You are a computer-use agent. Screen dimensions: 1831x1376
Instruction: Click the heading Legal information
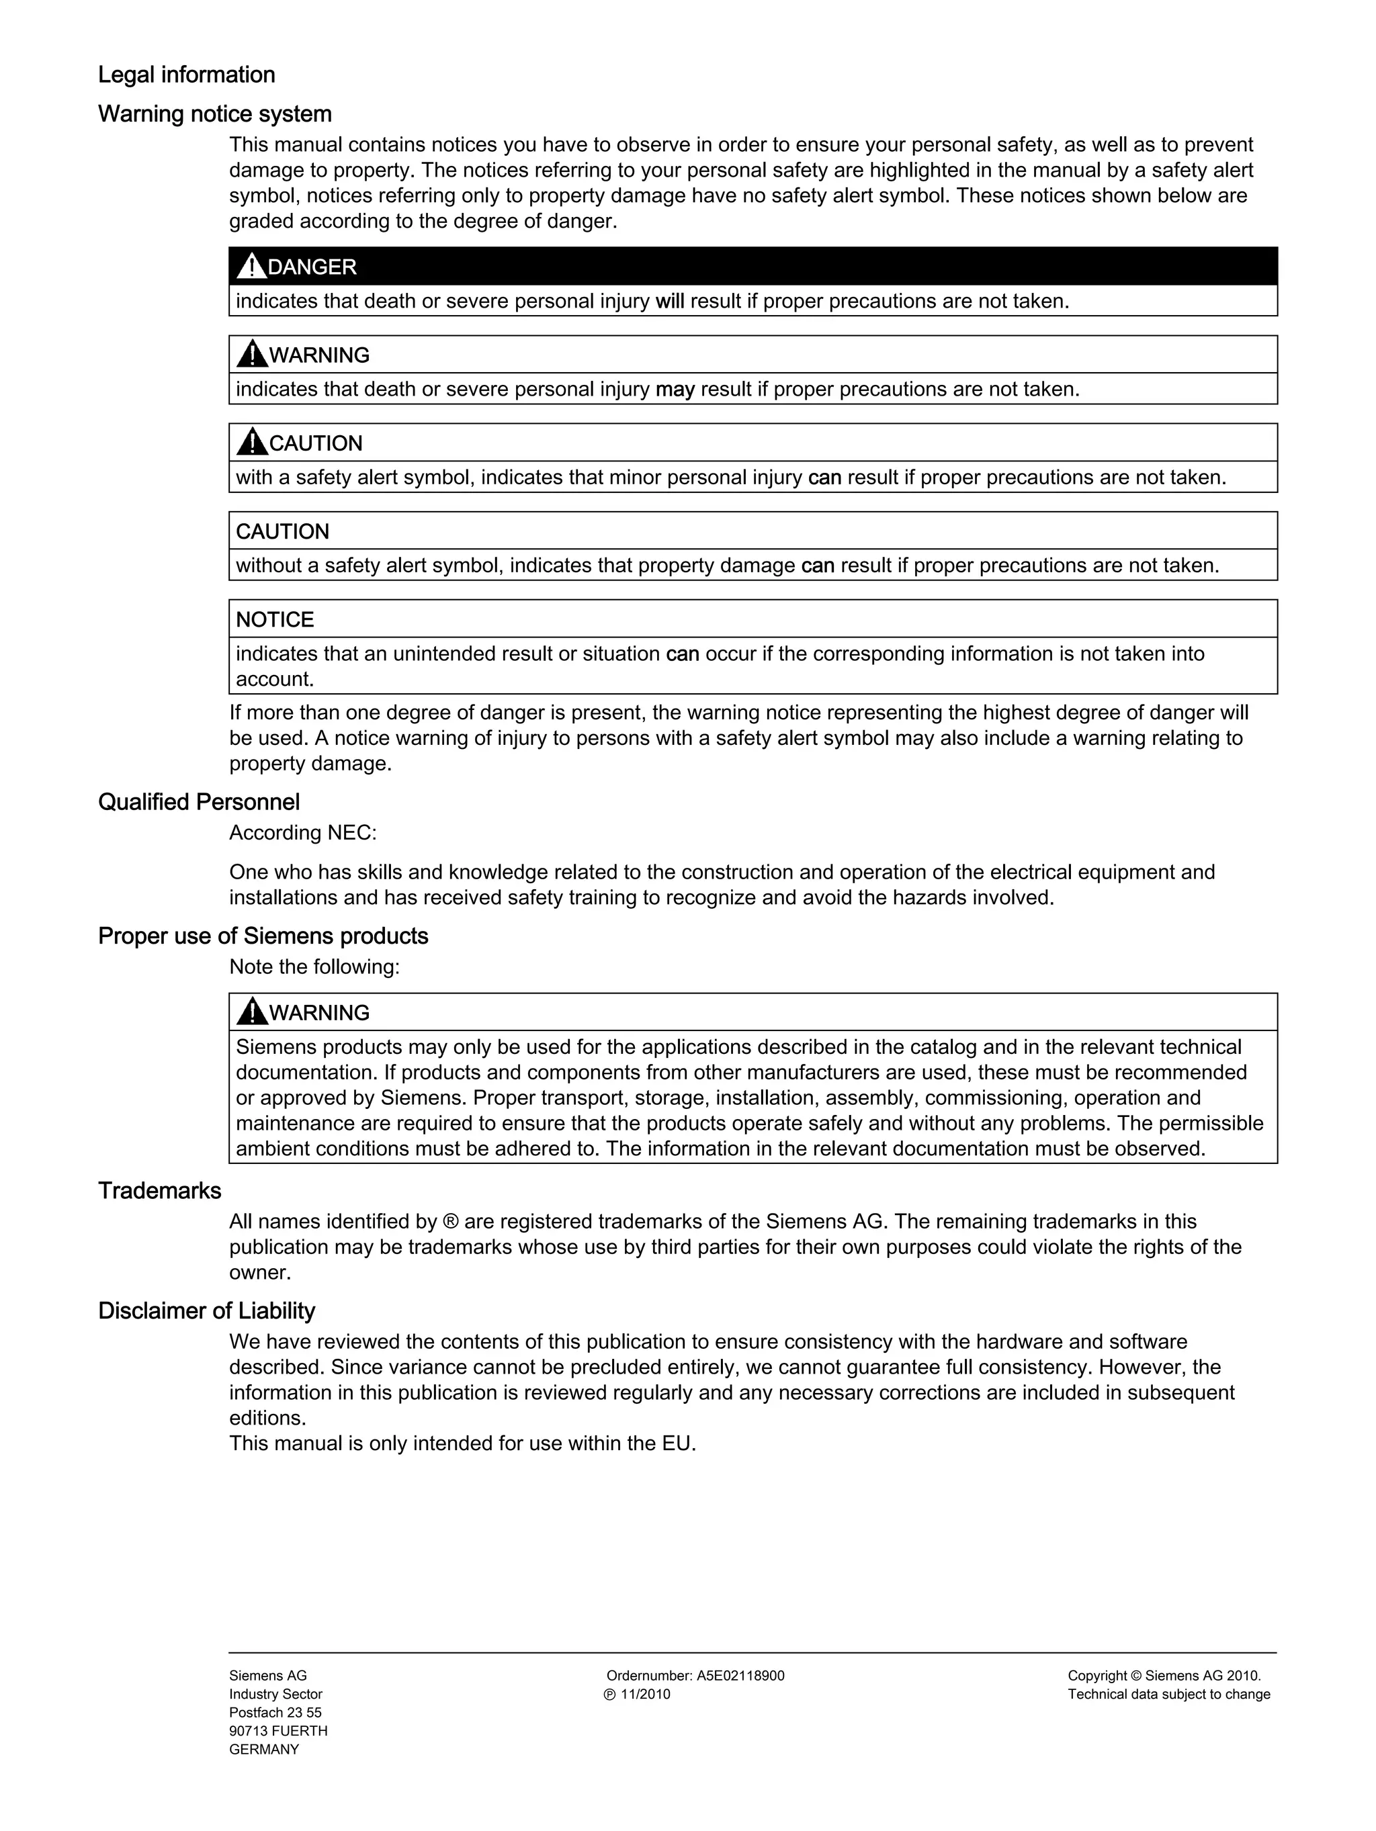pos(186,75)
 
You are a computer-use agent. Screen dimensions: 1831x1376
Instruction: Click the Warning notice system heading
pos(214,114)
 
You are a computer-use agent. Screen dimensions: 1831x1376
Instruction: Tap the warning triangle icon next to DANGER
pos(251,267)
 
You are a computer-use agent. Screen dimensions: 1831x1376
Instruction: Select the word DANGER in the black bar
pos(312,267)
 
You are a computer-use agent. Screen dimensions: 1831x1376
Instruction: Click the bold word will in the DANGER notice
pos(670,302)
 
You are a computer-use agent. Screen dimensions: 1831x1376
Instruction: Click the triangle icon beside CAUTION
pos(252,443)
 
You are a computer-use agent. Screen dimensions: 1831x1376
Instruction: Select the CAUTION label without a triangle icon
pos(282,531)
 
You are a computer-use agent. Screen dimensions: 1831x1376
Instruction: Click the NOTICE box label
pos(275,619)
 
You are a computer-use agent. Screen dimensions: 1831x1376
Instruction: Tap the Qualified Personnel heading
pos(199,801)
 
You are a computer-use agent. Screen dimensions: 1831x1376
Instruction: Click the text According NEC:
pos(303,833)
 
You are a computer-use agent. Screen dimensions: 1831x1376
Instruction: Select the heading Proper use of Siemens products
pos(263,936)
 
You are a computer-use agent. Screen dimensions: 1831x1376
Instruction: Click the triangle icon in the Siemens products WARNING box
pos(252,1012)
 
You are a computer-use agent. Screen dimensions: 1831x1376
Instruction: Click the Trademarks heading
pos(160,1190)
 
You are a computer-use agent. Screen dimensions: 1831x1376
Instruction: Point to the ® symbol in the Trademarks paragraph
pos(450,1222)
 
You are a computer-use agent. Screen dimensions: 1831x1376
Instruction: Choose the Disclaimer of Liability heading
pos(207,1310)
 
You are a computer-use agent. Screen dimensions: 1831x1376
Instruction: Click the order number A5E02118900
pos(740,1675)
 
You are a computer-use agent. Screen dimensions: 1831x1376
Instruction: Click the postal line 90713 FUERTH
pos(278,1731)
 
